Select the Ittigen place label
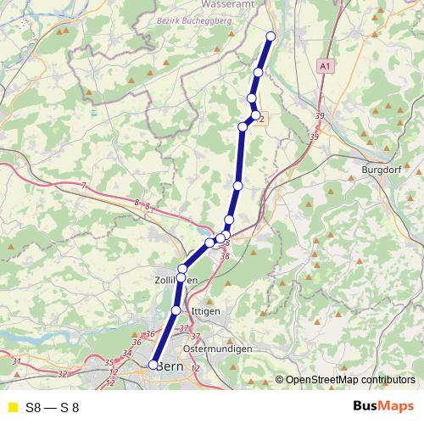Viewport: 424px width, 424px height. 205,311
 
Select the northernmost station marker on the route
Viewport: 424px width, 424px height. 271,36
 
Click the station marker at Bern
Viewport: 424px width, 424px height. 153,365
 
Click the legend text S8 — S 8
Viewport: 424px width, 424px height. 53,407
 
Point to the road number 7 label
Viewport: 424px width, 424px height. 84,185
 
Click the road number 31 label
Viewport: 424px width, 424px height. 17,362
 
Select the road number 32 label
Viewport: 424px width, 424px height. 63,373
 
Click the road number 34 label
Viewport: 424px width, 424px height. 127,353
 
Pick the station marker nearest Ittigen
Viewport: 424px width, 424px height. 176,310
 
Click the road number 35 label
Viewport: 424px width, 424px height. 109,363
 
